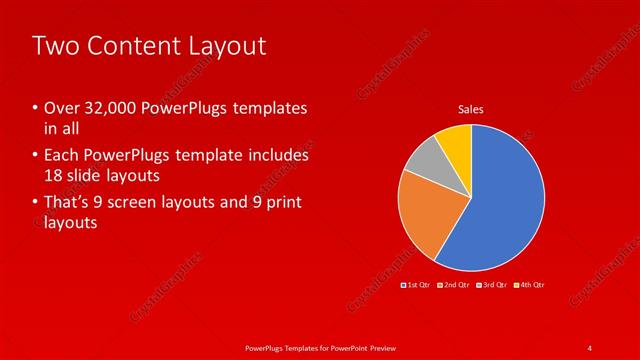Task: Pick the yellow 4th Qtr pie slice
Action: point(455,142)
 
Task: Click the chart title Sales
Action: point(471,109)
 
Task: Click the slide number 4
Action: point(591,347)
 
